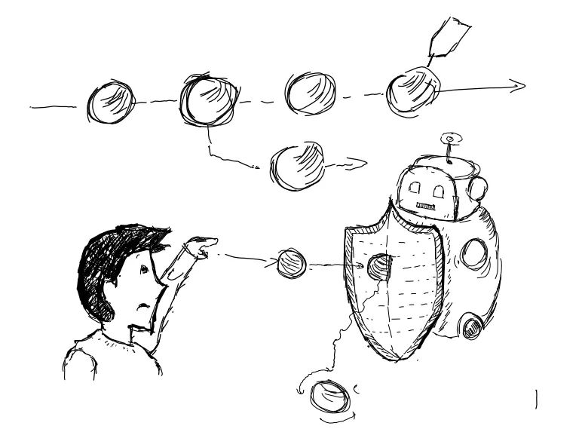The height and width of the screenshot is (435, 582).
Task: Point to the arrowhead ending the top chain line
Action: (517, 85)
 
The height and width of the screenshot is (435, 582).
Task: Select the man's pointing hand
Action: (202, 244)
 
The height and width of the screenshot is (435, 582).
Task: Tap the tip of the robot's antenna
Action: (449, 139)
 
